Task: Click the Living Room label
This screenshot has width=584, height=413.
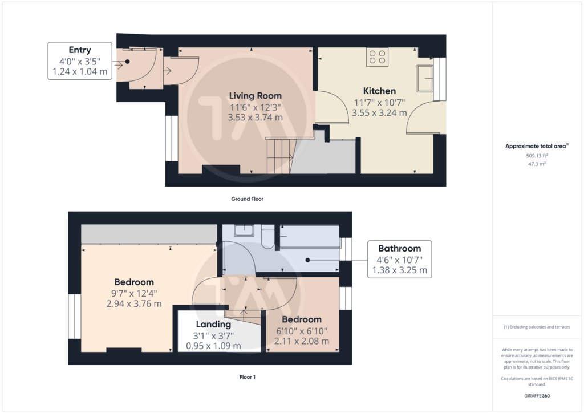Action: click(255, 96)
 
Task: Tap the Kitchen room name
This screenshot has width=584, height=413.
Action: click(379, 91)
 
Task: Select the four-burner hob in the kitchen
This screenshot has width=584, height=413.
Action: click(377, 57)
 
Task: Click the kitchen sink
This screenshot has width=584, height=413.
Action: click(425, 79)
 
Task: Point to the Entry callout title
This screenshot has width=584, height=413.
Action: click(80, 50)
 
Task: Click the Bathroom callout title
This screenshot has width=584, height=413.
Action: click(400, 248)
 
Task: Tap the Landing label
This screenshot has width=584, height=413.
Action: click(213, 325)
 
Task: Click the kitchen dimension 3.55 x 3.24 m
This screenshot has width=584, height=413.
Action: click(379, 113)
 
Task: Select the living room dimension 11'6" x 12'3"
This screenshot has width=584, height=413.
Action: click(255, 107)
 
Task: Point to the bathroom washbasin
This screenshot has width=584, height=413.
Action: click(244, 230)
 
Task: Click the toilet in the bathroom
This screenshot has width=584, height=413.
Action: click(267, 237)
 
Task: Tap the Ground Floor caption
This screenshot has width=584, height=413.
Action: click(248, 199)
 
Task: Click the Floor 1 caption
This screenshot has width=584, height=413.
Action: click(248, 377)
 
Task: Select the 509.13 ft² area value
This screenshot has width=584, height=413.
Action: click(537, 156)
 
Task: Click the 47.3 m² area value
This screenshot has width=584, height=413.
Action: click(537, 164)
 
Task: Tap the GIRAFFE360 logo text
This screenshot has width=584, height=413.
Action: click(537, 396)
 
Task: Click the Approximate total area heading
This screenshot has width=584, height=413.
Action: click(537, 146)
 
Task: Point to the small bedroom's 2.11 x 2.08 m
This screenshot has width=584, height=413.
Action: click(302, 341)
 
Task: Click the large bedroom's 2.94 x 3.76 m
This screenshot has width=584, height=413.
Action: click(134, 304)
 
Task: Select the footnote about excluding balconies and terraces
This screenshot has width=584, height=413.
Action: click(537, 327)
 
